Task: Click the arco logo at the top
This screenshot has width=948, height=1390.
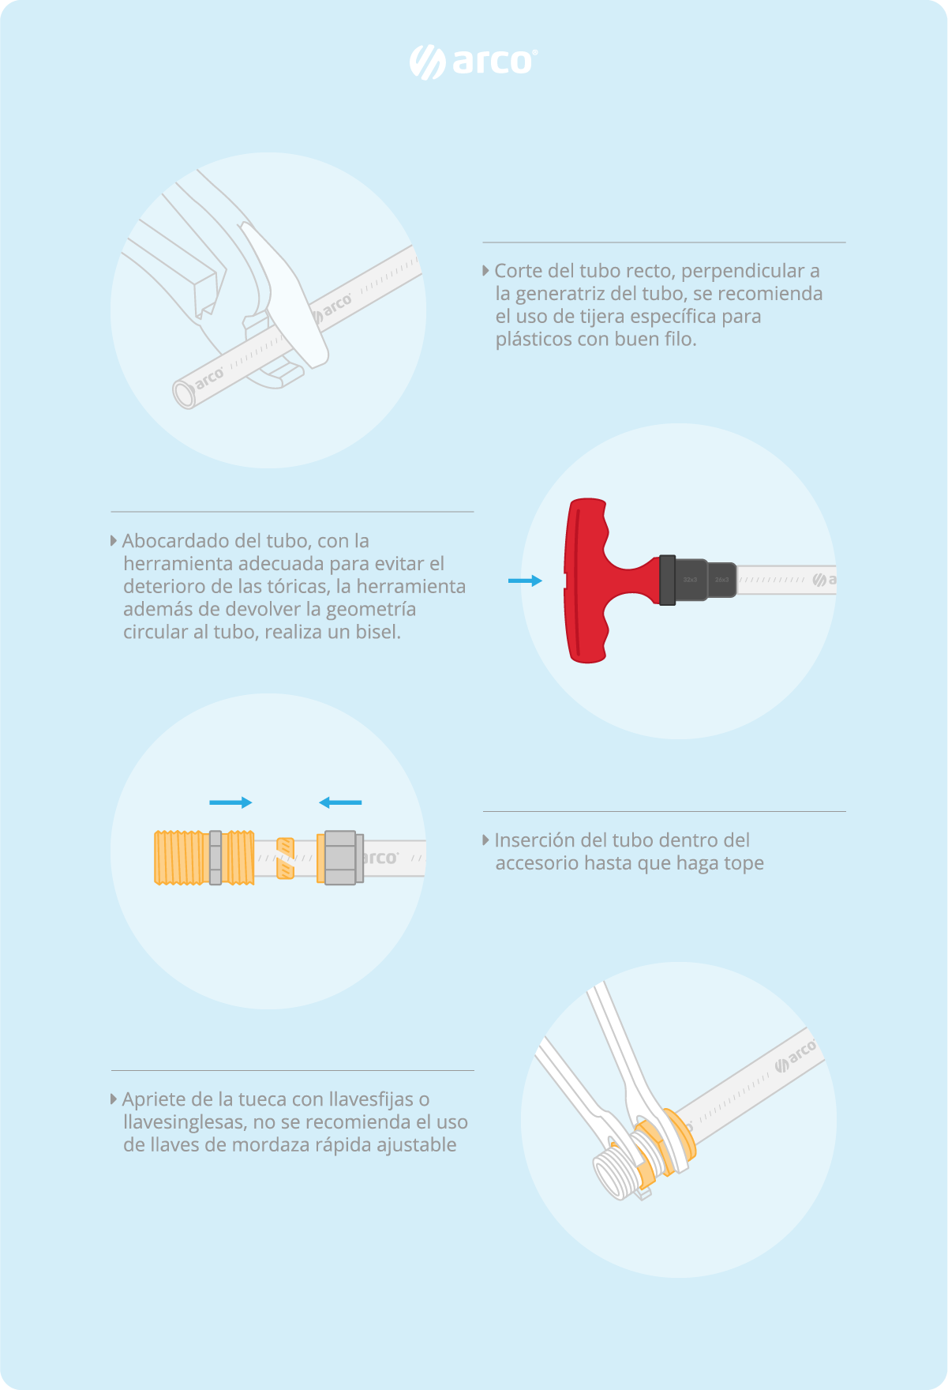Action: click(474, 62)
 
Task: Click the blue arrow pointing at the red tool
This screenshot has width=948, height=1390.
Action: click(525, 580)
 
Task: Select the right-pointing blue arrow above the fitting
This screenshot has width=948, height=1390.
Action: click(230, 802)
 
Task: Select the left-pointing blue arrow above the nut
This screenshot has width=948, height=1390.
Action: click(340, 802)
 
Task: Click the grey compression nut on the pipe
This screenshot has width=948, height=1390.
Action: click(340, 858)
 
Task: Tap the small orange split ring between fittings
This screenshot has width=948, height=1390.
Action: click(285, 858)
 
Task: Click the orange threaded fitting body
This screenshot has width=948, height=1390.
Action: click(204, 857)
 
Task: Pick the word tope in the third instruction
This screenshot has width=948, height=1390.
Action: click(743, 864)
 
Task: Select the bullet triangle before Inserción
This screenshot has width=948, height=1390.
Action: click(486, 840)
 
